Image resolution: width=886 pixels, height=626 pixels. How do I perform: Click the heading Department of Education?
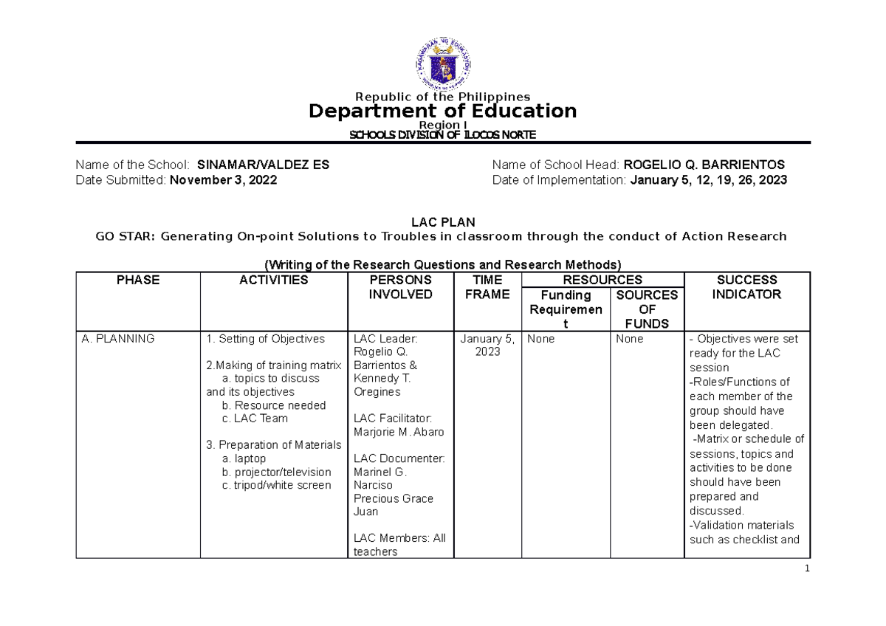coord(442,111)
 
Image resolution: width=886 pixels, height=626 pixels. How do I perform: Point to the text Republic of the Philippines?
coord(442,97)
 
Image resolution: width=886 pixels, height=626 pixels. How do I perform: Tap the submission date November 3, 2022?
coord(224,179)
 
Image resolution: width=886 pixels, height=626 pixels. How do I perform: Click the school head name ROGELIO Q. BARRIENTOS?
coord(704,165)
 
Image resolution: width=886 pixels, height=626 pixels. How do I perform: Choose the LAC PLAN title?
coord(442,222)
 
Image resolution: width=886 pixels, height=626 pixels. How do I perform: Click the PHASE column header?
coord(137,281)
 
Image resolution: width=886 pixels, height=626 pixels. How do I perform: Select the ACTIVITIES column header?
coord(273,281)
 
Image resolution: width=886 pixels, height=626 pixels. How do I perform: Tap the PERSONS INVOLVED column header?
coord(400,287)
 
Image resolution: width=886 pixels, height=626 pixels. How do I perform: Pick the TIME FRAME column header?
coord(487,287)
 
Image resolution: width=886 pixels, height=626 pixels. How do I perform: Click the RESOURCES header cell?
coord(602,281)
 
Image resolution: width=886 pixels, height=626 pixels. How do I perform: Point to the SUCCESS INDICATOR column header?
coord(746,287)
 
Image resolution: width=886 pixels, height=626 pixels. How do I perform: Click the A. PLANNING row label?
coord(118,339)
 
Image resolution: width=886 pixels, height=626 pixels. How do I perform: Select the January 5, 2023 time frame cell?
coord(487,345)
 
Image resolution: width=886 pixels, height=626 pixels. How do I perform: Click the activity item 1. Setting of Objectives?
coord(266,339)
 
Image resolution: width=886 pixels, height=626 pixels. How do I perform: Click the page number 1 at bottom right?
coord(808,568)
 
